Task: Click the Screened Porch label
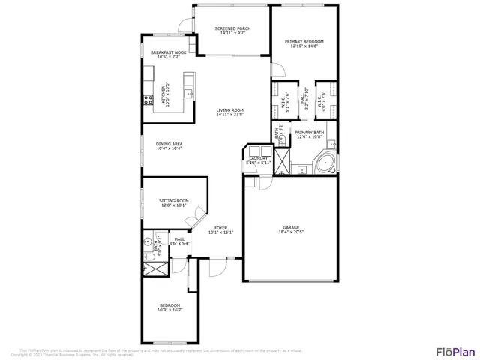[x=232, y=28]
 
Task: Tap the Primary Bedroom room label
[x=304, y=42]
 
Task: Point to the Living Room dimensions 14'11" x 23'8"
[x=230, y=115]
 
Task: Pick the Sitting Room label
[x=173, y=201]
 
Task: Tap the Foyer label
[x=221, y=228]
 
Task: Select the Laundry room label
[x=258, y=158]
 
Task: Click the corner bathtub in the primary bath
[x=326, y=164]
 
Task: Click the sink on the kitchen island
[x=190, y=93]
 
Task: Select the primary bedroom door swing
[x=278, y=71]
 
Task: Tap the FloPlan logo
[x=455, y=351]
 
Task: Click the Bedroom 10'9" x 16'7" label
[x=170, y=307]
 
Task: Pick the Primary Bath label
[x=309, y=133]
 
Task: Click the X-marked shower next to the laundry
[x=282, y=161]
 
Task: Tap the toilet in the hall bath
[x=147, y=243]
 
